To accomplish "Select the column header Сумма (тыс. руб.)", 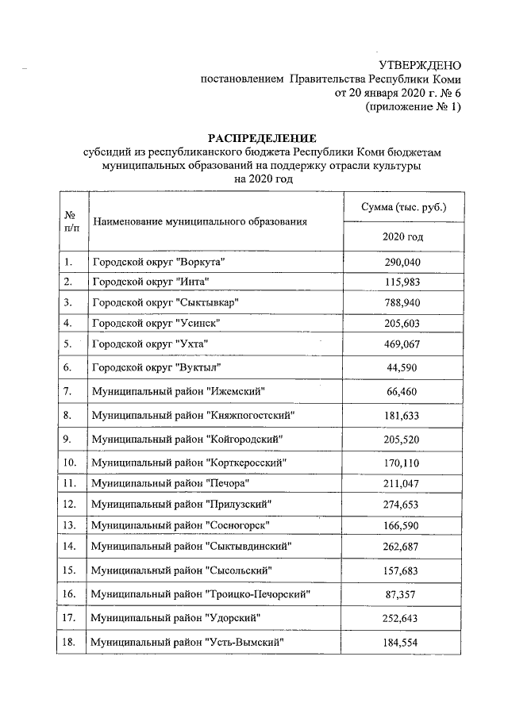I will pyautogui.click(x=402, y=207).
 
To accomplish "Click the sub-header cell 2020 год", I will pyautogui.click(x=402, y=236).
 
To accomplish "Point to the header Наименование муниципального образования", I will pyautogui.click(x=199, y=221).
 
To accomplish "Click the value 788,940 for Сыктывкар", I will pyautogui.click(x=402, y=302).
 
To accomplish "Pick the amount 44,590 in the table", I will pyautogui.click(x=402, y=367).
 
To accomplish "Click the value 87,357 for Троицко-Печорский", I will pyautogui.click(x=402, y=593).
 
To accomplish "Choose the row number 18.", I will pyautogui.click(x=70, y=641).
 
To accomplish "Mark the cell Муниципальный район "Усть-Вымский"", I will pyautogui.click(x=187, y=641).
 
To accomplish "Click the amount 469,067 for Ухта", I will pyautogui.click(x=402, y=344).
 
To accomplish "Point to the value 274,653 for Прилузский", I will pyautogui.click(x=402, y=504).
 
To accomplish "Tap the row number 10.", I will pyautogui.click(x=70, y=462).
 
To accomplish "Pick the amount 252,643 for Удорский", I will pyautogui.click(x=402, y=617).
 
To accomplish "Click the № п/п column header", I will pyautogui.click(x=71, y=221).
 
